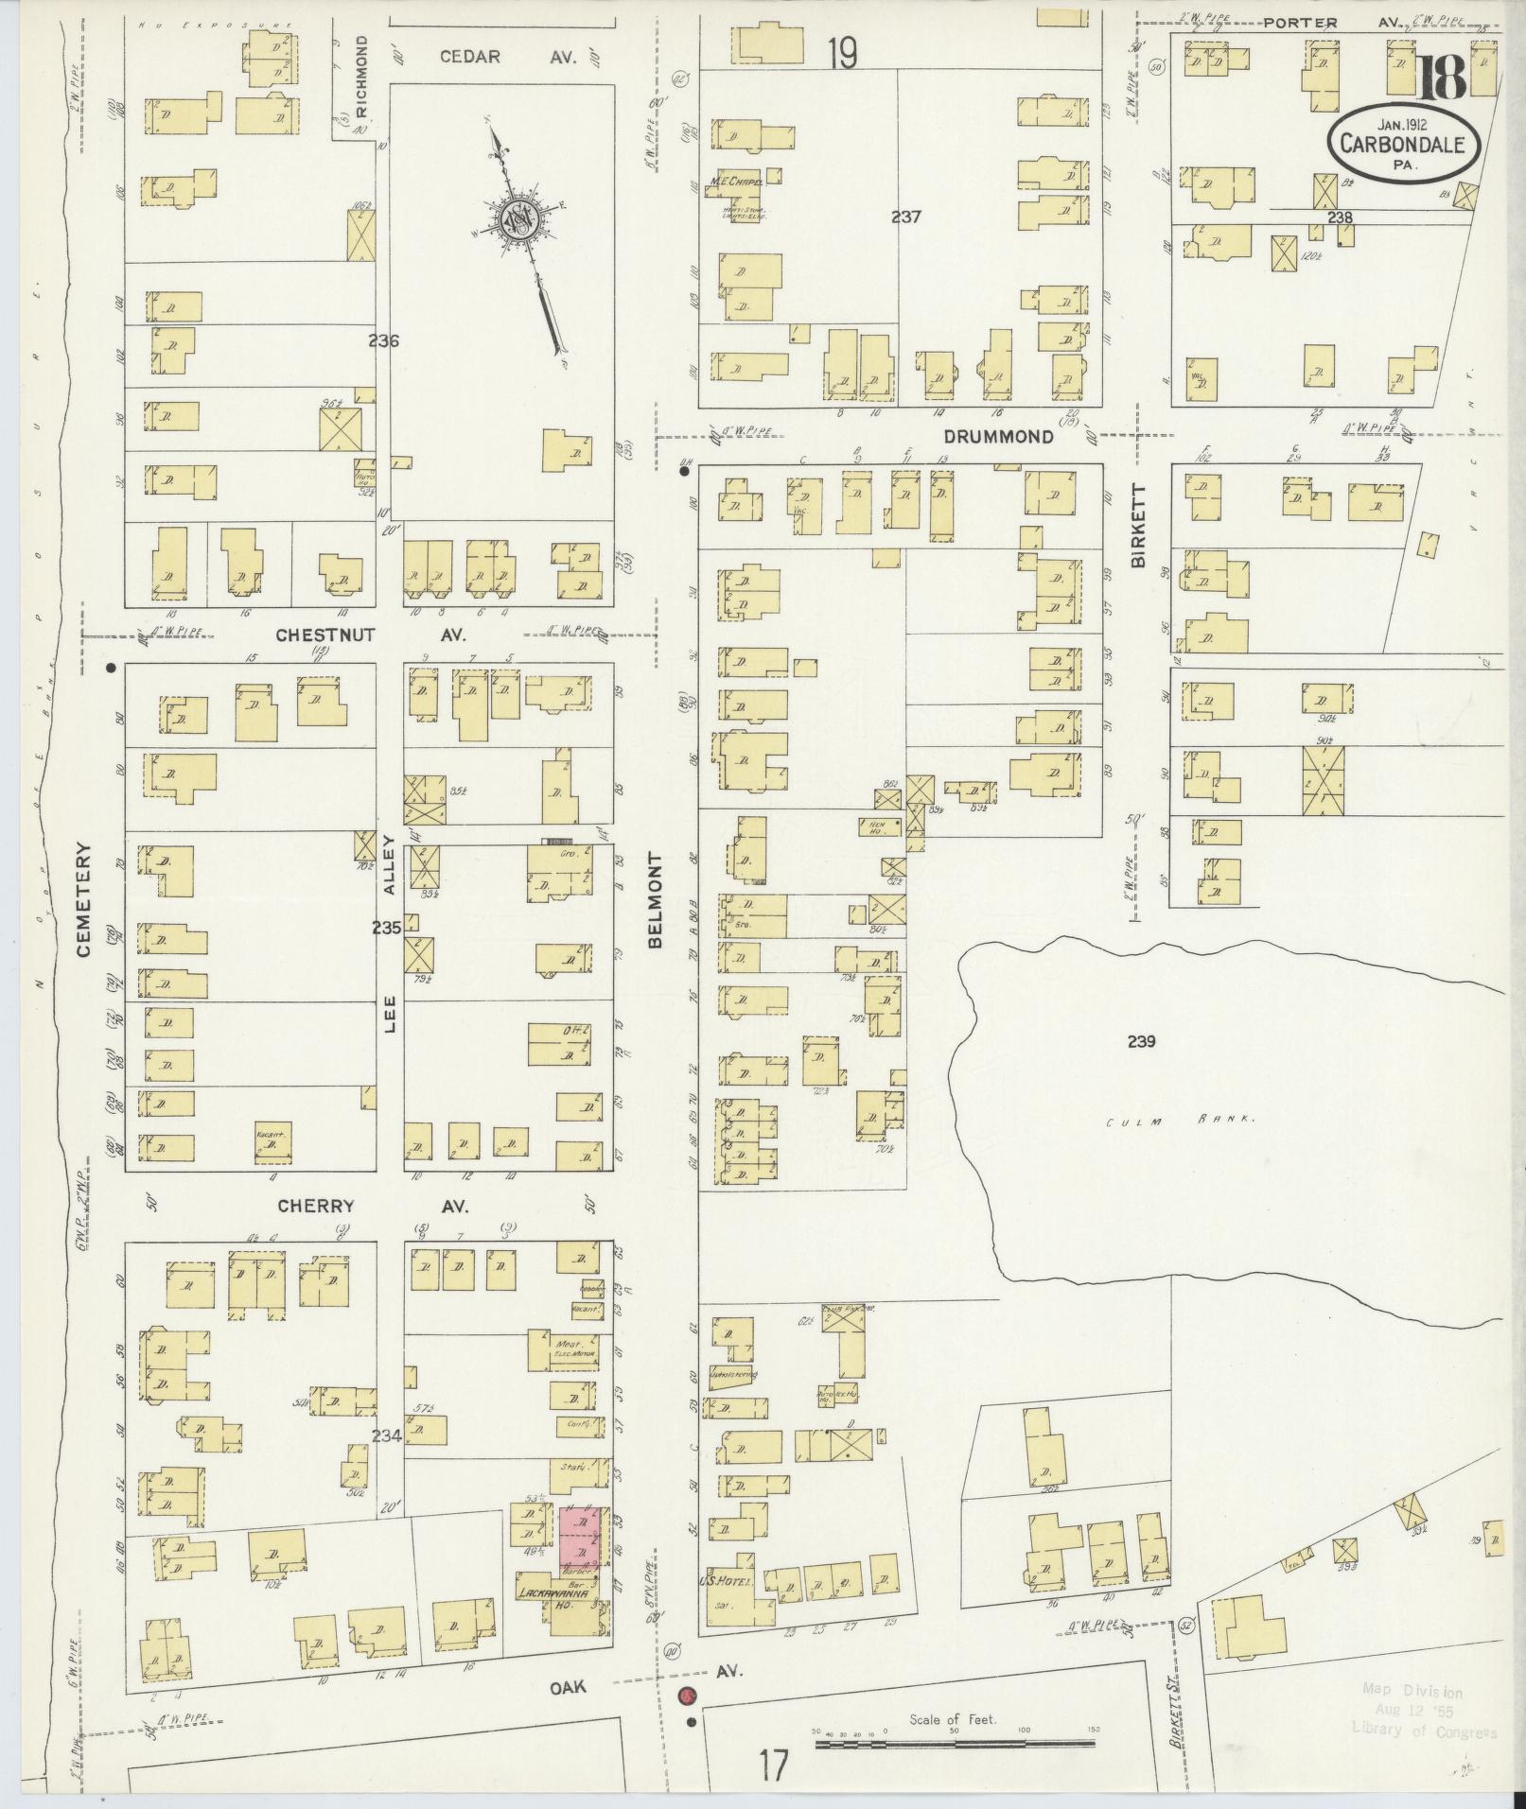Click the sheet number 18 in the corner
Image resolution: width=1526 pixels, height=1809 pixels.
pos(1441,78)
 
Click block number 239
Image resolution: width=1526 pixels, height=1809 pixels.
pos(1142,1042)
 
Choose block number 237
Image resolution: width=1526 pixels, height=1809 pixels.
pos(905,217)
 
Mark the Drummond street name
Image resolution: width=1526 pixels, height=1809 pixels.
pos(998,437)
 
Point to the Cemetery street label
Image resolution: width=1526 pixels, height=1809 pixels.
pos(83,899)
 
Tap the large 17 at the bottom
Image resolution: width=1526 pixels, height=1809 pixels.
pos(772,1766)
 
